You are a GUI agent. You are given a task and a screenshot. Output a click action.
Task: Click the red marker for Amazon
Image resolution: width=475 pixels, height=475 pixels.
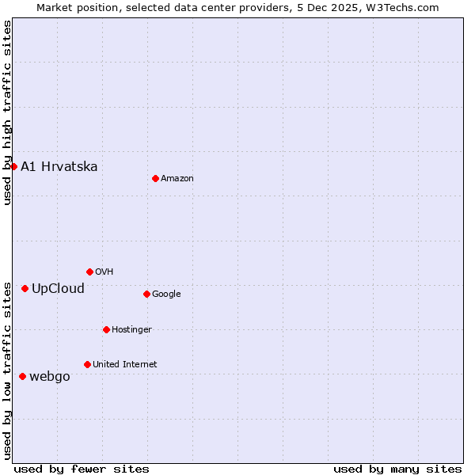point(155,178)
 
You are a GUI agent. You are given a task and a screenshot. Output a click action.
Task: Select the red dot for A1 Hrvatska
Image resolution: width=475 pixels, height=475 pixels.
point(13,166)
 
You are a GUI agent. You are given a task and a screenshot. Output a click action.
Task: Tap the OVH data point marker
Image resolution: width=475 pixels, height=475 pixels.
point(89,272)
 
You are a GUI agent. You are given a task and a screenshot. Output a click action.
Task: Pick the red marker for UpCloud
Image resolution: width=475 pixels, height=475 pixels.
point(25,288)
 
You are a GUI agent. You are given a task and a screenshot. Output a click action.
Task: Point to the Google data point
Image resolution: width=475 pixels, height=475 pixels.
point(146,294)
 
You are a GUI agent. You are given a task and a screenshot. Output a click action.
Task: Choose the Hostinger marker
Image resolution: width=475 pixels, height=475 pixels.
point(106,329)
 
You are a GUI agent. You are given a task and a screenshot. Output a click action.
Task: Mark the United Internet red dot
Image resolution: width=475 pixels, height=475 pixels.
point(87,364)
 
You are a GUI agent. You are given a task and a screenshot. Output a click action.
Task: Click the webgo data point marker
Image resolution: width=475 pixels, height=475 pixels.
point(22,376)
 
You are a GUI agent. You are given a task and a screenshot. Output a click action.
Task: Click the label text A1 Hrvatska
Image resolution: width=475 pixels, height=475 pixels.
point(59,166)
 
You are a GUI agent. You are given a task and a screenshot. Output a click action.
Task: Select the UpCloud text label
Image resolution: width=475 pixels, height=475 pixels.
point(58,288)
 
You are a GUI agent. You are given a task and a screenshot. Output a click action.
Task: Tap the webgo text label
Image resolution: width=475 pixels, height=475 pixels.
point(50,376)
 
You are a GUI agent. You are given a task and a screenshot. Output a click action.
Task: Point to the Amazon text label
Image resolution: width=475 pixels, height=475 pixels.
point(177,179)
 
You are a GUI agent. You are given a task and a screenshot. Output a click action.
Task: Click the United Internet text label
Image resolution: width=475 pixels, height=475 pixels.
point(124,365)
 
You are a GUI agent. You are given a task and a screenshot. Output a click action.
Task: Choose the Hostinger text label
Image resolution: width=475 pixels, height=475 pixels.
point(131,329)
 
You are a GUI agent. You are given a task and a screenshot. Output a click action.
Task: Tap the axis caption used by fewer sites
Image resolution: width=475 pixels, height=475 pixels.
point(82,469)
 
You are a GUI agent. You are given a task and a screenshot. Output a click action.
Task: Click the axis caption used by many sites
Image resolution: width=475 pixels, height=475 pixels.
point(397,469)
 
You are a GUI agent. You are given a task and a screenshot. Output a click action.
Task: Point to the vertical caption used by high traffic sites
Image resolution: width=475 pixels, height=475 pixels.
point(7,112)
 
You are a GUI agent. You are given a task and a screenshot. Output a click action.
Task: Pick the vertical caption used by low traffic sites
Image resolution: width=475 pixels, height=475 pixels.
point(7,370)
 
